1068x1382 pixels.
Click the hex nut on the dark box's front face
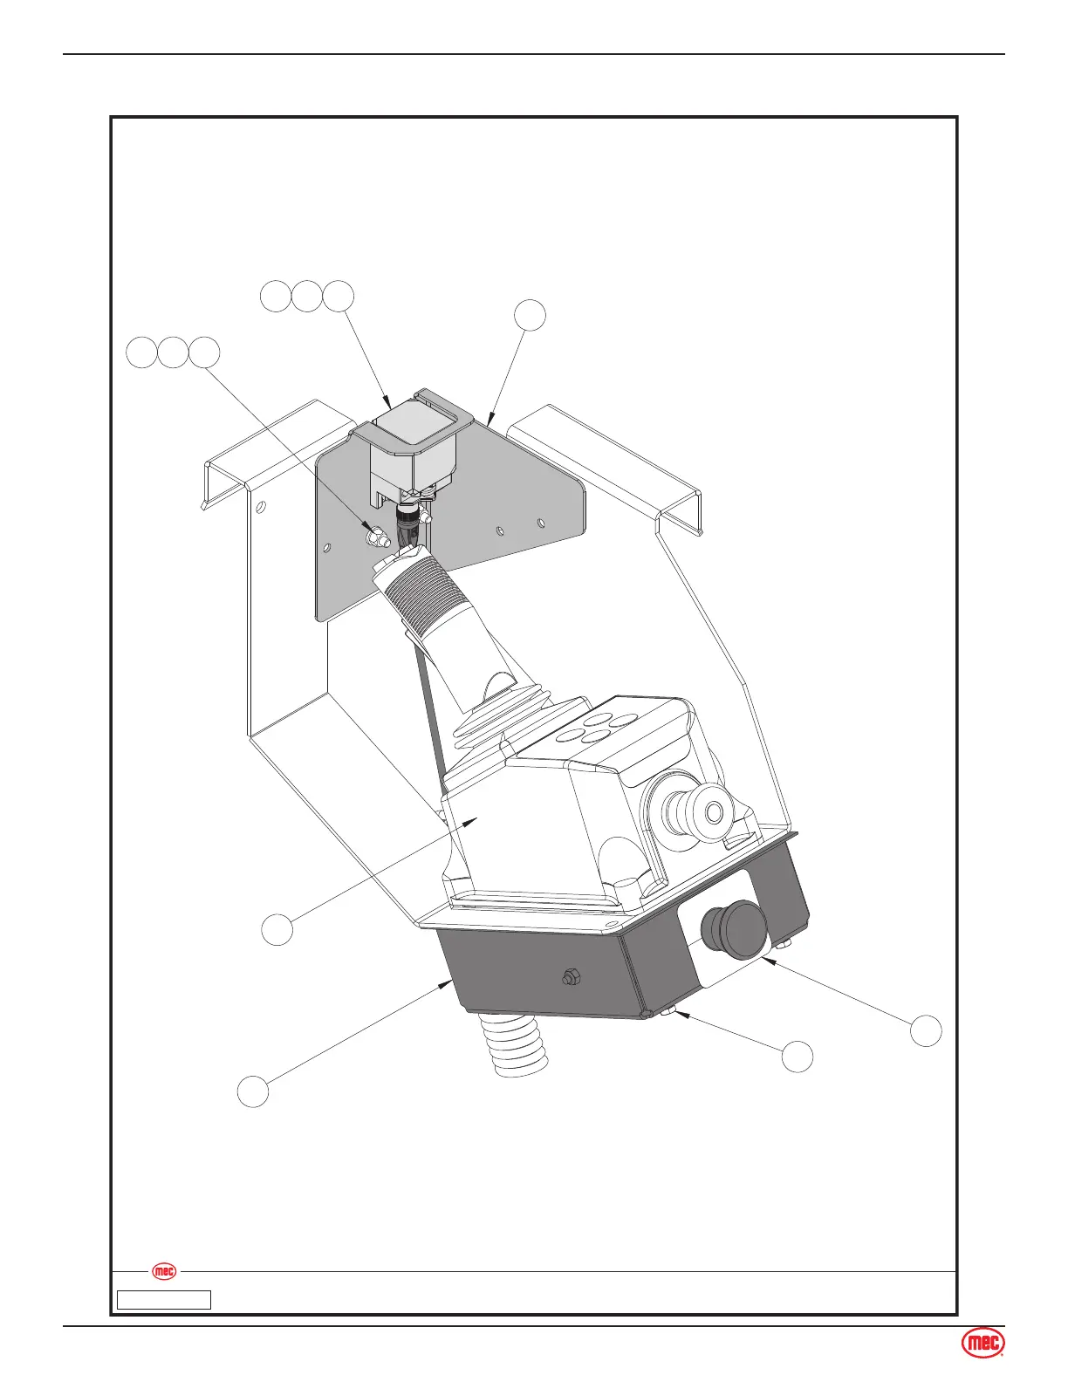coord(571,978)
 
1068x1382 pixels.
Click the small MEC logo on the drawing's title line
coord(164,1271)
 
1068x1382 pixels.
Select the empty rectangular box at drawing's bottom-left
coord(165,1300)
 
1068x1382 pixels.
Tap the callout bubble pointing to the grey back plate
coord(530,315)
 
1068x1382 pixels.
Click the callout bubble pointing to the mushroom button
coord(927,1030)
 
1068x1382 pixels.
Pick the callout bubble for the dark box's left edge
coord(253,1092)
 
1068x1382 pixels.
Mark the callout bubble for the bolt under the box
coord(798,1057)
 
